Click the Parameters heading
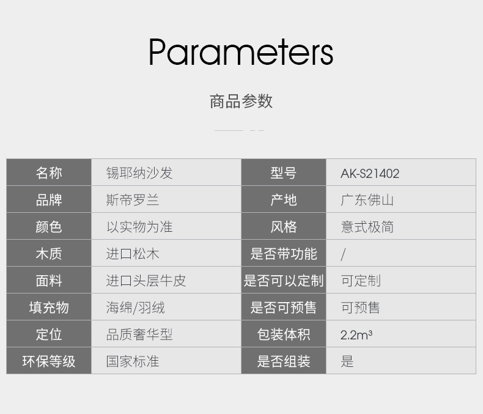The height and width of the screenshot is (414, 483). pyautogui.click(x=241, y=52)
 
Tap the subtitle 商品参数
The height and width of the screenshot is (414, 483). pyautogui.click(x=241, y=102)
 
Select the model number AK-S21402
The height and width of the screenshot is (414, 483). pyautogui.click(x=370, y=174)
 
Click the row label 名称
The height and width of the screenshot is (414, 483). pyautogui.click(x=49, y=173)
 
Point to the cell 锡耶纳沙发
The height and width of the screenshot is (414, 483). pyautogui.click(x=139, y=173)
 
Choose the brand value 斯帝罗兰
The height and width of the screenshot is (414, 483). pyautogui.click(x=133, y=200)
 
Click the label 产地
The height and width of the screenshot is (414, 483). pyautogui.click(x=284, y=200)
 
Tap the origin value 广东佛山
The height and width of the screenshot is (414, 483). pyautogui.click(x=367, y=200)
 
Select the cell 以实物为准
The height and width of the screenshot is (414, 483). pyautogui.click(x=139, y=227)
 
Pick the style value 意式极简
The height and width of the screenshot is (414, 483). pyautogui.click(x=367, y=227)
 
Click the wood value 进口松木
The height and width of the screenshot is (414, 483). pyautogui.click(x=133, y=254)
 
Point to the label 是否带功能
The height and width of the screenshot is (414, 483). pyautogui.click(x=284, y=254)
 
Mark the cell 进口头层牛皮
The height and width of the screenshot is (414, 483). pyautogui.click(x=146, y=281)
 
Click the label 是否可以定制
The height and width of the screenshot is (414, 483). pyautogui.click(x=284, y=281)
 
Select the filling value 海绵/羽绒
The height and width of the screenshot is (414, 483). pyautogui.click(x=136, y=308)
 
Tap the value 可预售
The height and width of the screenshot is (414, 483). pyautogui.click(x=360, y=308)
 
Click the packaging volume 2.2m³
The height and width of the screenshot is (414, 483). pyautogui.click(x=356, y=335)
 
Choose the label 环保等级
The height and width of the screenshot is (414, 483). pyautogui.click(x=49, y=361)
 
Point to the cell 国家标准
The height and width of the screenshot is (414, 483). pyautogui.click(x=133, y=361)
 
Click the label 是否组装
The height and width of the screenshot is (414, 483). pyautogui.click(x=284, y=361)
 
